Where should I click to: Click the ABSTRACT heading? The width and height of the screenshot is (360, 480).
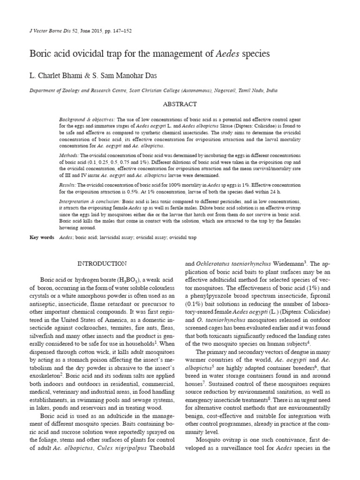tap(180, 104)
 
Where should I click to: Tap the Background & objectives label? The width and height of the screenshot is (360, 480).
tap(81, 120)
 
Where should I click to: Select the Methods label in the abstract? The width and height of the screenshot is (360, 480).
tap(69, 154)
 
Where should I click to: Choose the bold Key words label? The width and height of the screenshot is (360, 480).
tap(42, 238)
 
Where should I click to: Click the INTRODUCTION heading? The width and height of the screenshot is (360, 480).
tap(102, 264)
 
